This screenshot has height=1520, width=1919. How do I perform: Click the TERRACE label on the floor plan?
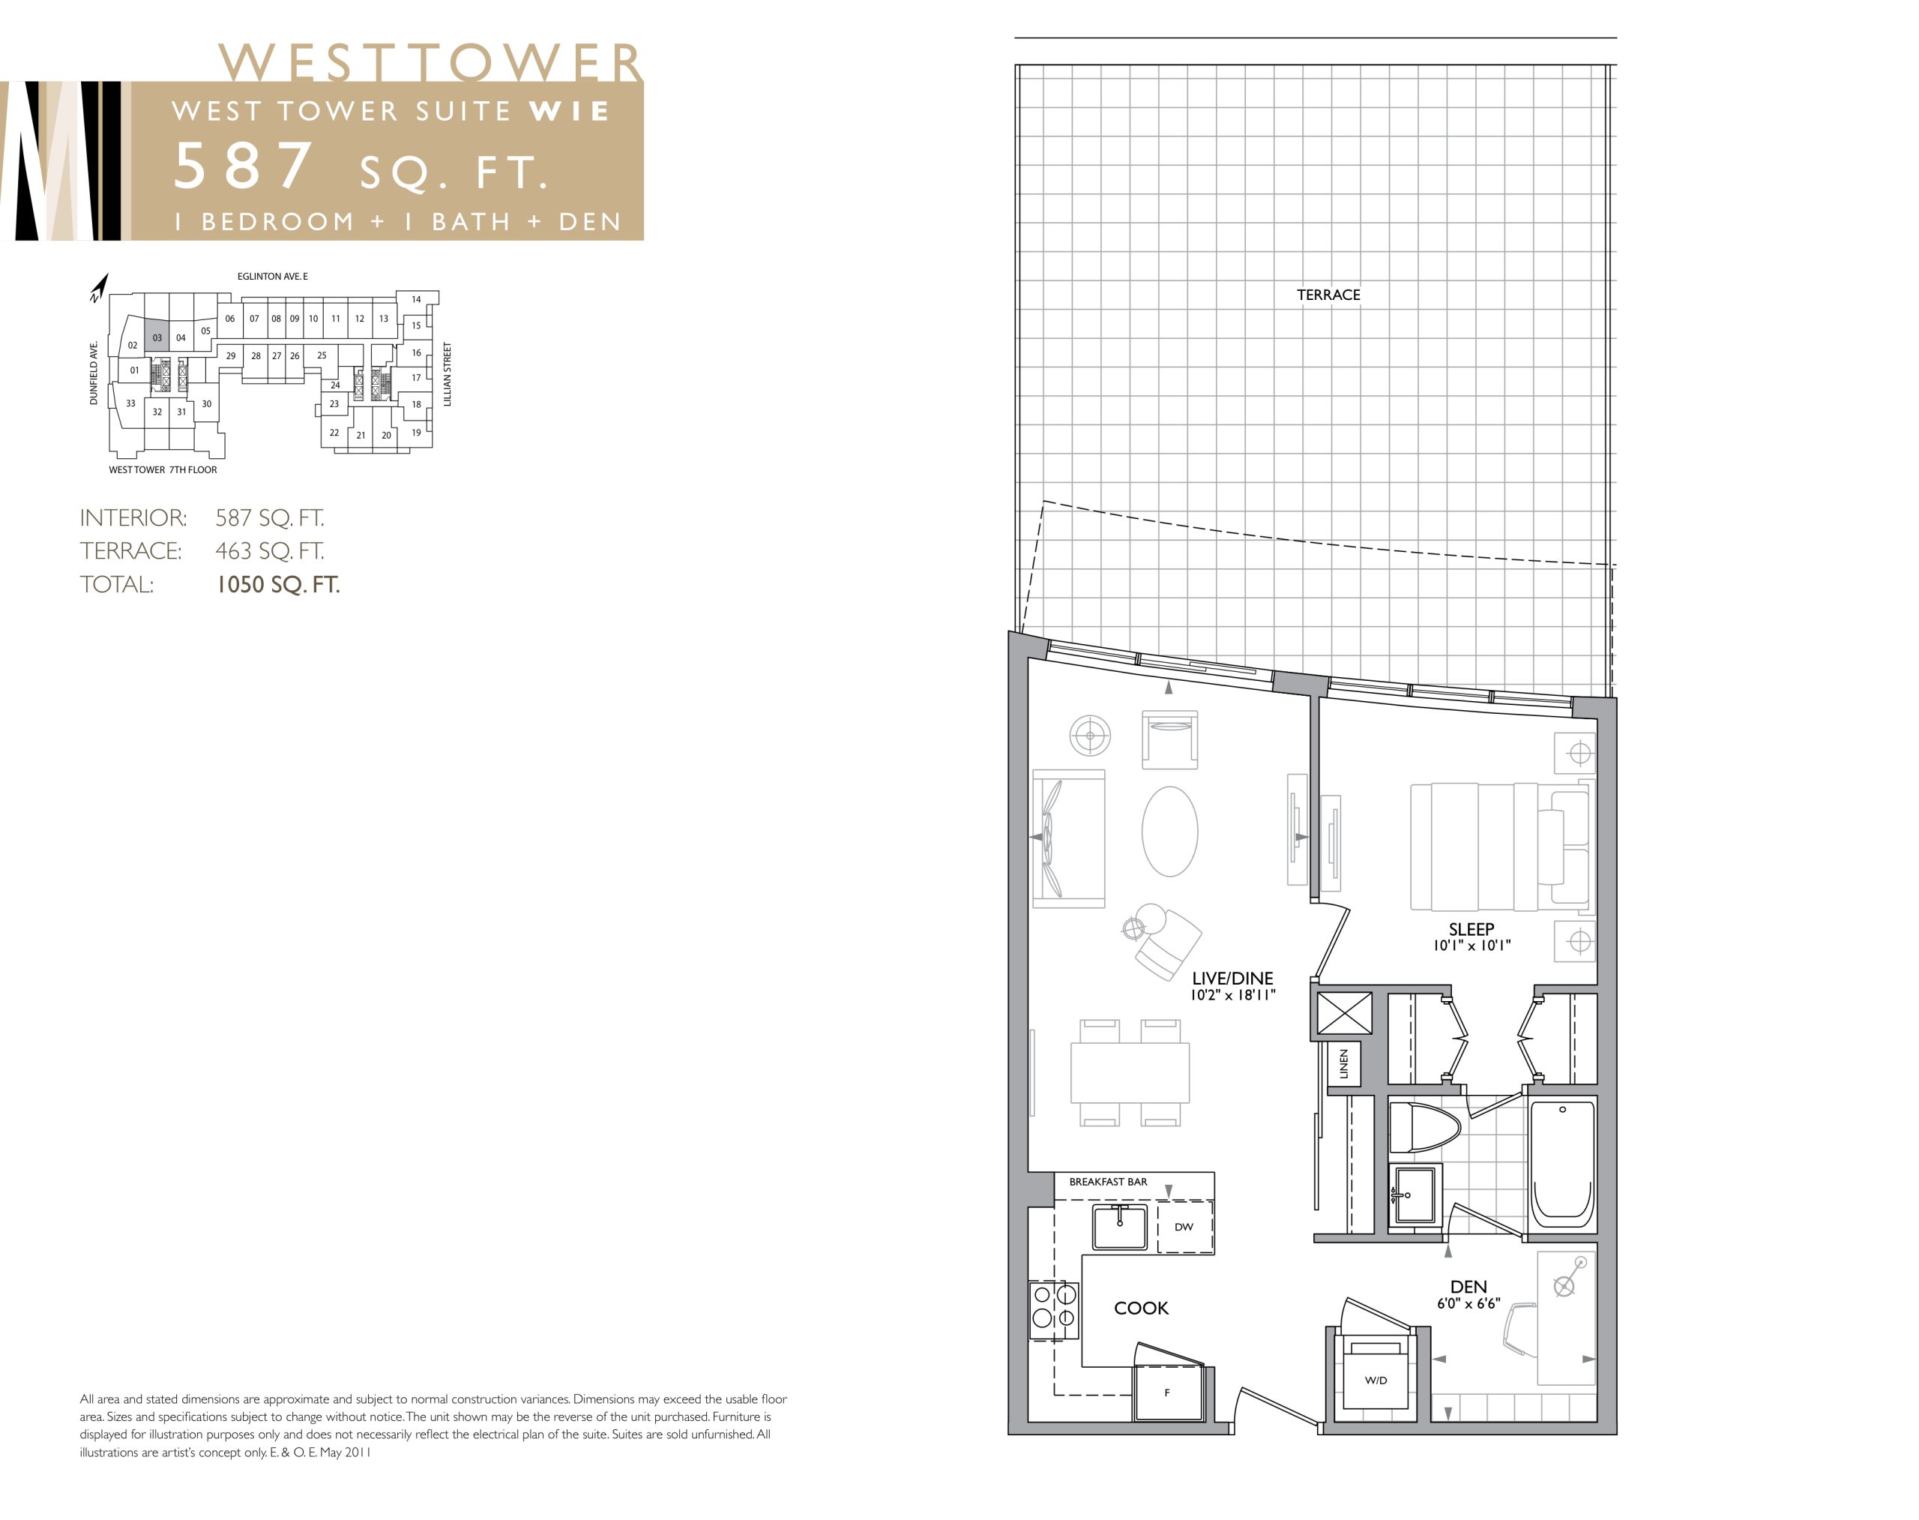tap(1328, 295)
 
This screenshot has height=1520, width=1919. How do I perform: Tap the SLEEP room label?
tap(1471, 929)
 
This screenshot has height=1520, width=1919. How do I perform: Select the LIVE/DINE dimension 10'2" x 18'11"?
tap(1233, 995)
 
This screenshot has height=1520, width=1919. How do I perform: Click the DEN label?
tap(1468, 1287)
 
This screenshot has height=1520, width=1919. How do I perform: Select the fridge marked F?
tap(1167, 1392)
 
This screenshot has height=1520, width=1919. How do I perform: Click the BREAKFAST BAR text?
tap(1108, 1182)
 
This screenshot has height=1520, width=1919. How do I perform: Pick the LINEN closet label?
tap(1343, 1063)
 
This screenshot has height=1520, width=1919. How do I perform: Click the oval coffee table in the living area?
tap(1169, 831)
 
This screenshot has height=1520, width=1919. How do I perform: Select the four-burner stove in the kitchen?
tap(1054, 1309)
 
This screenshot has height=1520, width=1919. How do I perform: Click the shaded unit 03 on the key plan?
tap(157, 335)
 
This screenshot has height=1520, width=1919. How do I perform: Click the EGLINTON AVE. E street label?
tap(272, 277)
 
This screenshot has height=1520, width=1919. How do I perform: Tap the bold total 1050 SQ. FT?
tap(278, 585)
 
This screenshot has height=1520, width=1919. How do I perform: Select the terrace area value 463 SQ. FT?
tap(270, 551)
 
